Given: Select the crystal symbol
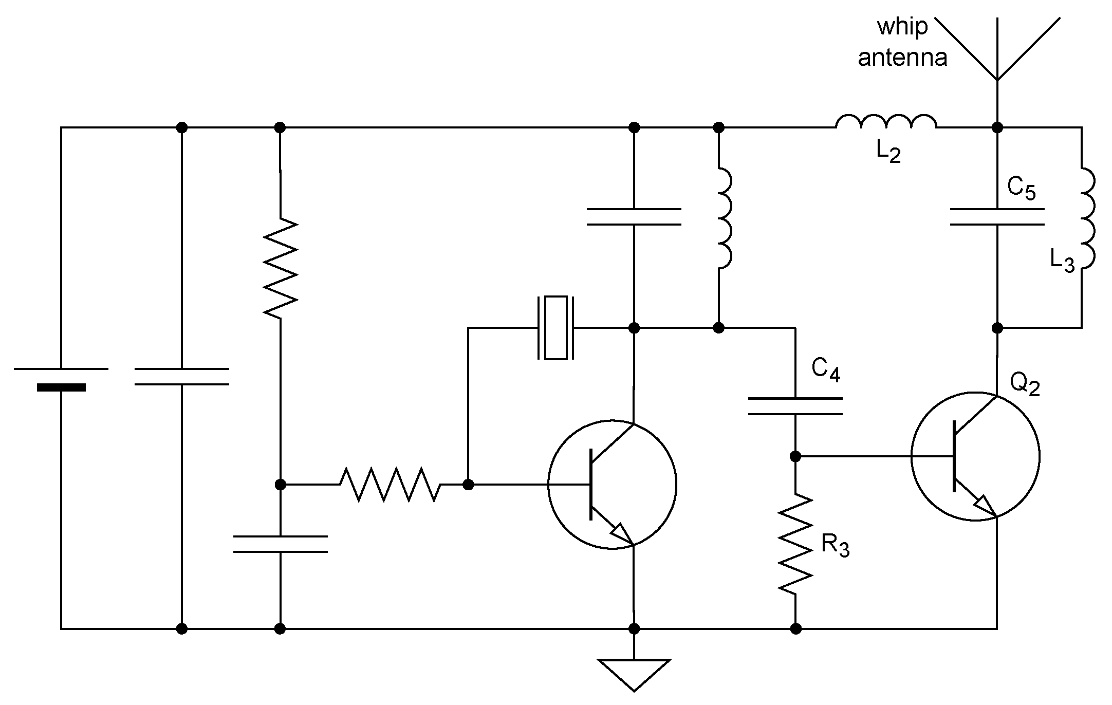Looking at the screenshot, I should coord(555,328).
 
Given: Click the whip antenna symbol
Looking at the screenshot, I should coord(997,51).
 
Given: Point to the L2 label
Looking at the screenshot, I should coord(888,152).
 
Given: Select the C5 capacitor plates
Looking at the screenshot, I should coord(997,217).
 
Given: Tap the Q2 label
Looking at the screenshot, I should coord(1024,384).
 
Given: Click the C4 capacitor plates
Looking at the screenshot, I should coord(795,406).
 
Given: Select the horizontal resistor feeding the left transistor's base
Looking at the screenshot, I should coord(390,484).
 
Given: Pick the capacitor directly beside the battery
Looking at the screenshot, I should coord(181,376).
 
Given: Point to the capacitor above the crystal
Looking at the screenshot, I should coord(634,217).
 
